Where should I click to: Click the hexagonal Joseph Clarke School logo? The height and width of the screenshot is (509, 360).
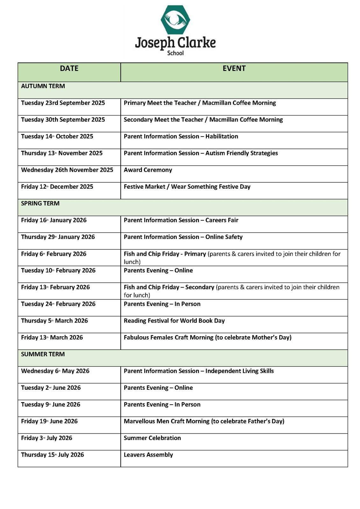175,19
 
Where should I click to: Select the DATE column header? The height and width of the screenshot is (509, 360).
69,68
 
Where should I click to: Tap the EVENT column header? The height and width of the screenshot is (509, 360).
234,68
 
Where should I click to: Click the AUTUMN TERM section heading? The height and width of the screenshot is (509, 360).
43,86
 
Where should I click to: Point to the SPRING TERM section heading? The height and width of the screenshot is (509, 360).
40,204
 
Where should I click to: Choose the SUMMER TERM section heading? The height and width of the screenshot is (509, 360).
43,354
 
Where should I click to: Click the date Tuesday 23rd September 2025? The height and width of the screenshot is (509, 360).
63,103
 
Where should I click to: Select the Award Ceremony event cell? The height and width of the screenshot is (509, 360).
148,170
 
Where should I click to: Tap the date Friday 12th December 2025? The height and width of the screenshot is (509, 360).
57,187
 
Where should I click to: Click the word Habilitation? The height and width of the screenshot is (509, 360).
222,136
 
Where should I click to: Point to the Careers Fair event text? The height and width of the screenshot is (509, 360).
222,220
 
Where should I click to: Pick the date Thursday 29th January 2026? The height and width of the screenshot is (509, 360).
58,237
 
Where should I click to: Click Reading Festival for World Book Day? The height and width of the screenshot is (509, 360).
174,321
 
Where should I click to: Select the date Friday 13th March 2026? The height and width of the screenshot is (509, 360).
52,338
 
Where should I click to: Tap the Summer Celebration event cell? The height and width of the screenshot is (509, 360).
152,438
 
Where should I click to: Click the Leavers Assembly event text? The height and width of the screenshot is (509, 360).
148,455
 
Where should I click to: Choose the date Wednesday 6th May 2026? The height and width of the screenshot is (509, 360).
55,371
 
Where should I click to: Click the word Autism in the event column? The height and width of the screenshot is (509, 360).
215,153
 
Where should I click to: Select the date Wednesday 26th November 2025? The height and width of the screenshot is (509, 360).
67,170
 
